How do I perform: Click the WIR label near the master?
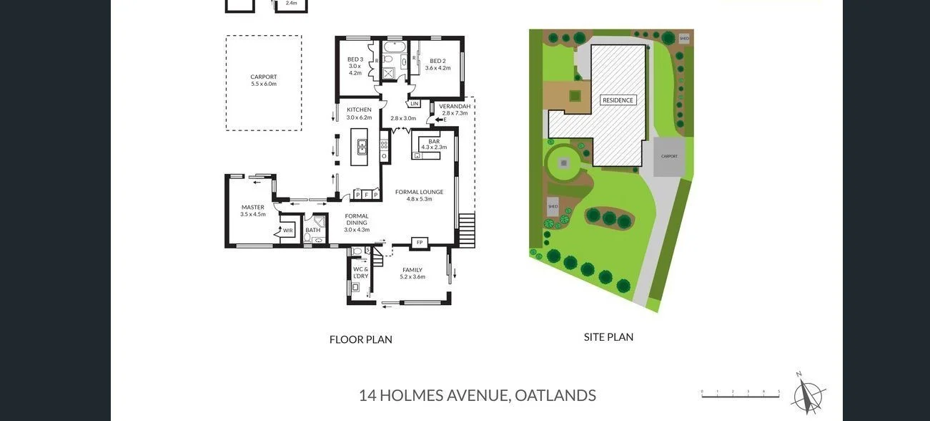(x=287, y=230)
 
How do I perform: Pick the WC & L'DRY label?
(x=360, y=272)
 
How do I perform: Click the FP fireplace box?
(x=420, y=243)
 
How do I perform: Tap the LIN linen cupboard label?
(x=415, y=103)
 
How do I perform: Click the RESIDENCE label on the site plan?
(x=618, y=100)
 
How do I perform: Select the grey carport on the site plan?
(x=669, y=156)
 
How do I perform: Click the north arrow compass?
(x=808, y=394)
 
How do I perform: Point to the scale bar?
(x=740, y=393)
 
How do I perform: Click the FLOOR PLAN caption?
(x=360, y=339)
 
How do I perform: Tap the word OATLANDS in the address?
(x=555, y=395)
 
